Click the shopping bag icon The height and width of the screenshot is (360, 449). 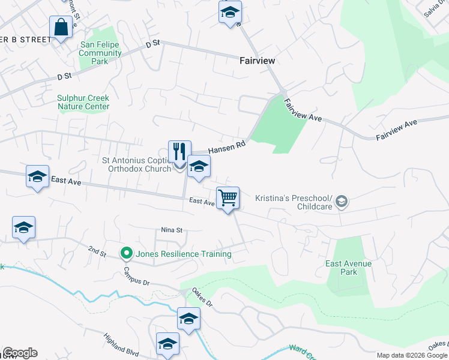click(x=61, y=27)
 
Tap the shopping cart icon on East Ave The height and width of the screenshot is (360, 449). click(x=228, y=197)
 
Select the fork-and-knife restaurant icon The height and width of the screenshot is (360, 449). click(x=179, y=151)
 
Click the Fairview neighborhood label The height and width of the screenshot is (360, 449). click(x=257, y=61)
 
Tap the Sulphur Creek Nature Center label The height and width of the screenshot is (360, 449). click(x=83, y=102)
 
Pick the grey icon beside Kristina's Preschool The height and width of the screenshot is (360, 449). click(x=342, y=202)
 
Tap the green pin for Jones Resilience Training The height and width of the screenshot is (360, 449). click(x=126, y=254)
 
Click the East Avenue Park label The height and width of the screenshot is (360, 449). click(x=349, y=268)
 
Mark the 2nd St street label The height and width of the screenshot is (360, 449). click(x=97, y=249)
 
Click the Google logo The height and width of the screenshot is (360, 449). click(x=20, y=353)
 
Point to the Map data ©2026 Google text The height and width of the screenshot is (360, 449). click(x=412, y=355)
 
